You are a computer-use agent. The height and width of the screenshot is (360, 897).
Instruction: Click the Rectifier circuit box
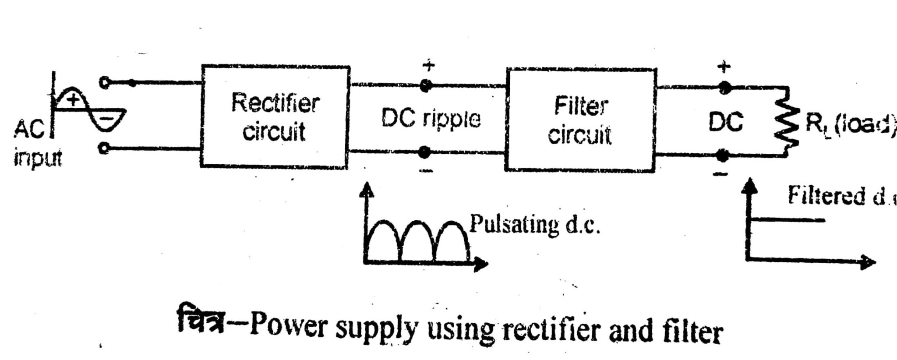point(275,117)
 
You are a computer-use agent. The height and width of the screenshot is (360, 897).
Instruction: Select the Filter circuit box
point(580,119)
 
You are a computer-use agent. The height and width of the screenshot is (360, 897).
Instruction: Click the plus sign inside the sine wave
point(74,100)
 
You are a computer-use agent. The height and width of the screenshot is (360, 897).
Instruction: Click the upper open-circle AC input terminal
point(104,82)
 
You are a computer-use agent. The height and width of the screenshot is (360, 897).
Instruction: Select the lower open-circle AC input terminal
point(104,149)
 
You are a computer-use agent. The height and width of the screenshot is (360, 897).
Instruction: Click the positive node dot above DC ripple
point(424,86)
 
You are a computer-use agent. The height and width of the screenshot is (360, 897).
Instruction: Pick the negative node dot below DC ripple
point(424,153)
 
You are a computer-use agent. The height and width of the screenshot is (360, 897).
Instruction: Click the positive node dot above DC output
point(724,87)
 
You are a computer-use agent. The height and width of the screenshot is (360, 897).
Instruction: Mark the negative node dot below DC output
point(723,155)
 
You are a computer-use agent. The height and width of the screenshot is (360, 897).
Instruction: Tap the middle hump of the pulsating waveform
point(417,236)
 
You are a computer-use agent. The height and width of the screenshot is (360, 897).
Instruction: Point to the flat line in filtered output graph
point(788,220)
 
